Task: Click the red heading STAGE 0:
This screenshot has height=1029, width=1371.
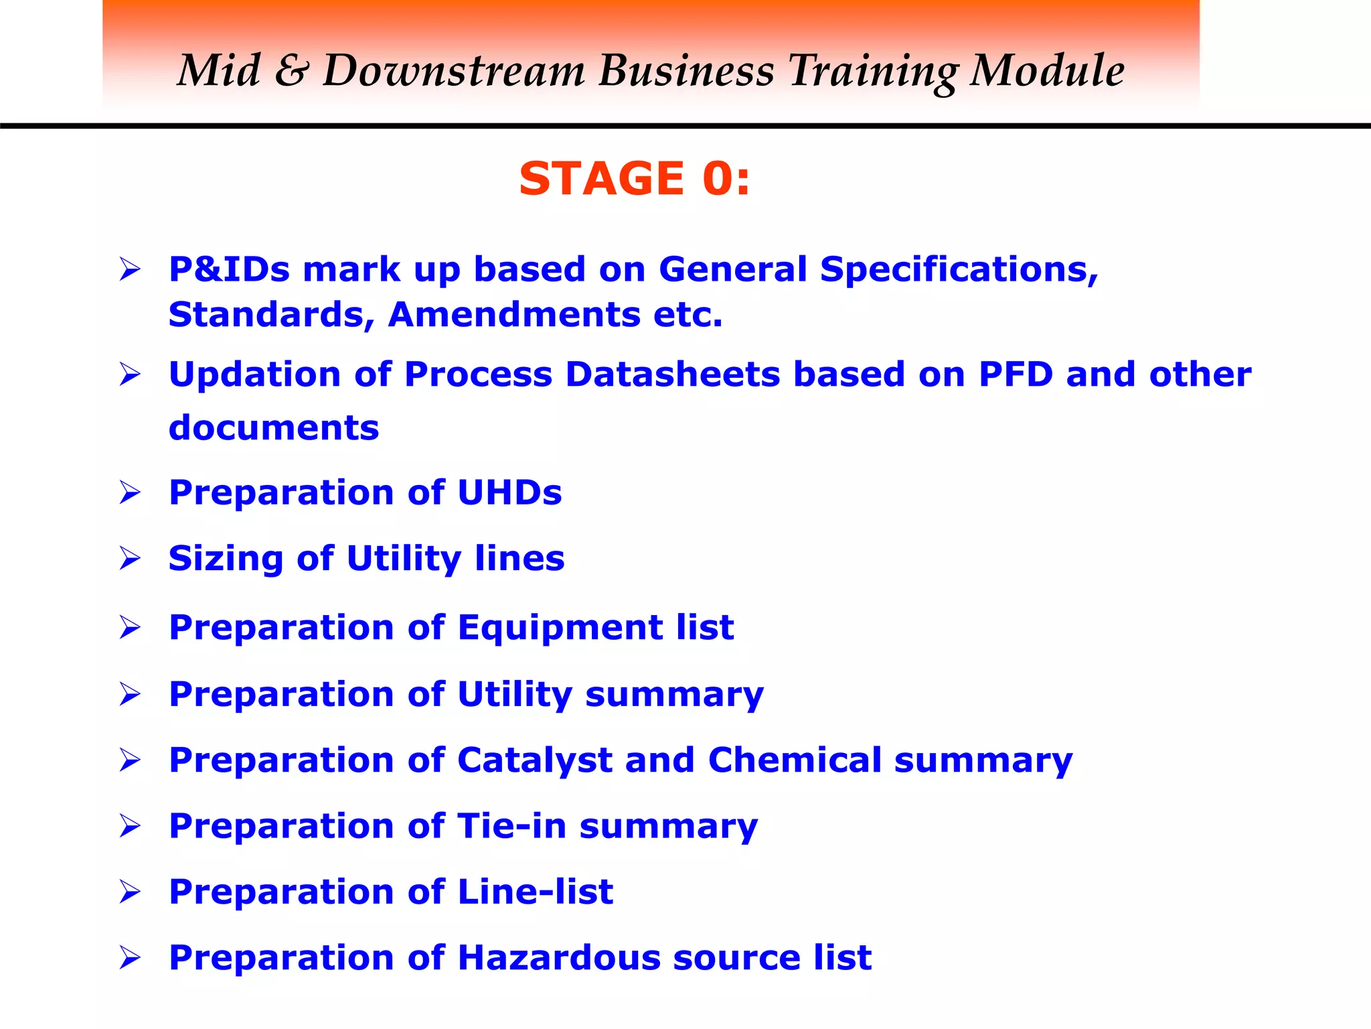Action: [x=635, y=179]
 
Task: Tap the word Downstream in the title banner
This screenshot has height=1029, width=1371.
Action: [x=454, y=70]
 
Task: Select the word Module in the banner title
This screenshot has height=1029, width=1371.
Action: [x=1047, y=70]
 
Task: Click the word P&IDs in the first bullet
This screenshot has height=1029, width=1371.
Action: [x=229, y=269]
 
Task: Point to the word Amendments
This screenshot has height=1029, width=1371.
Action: [x=513, y=315]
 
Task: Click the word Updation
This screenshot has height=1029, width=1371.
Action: [x=255, y=374]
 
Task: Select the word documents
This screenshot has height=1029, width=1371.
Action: [x=274, y=427]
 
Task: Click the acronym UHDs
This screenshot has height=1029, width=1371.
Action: [x=509, y=492]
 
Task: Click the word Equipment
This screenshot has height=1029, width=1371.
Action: [x=560, y=628]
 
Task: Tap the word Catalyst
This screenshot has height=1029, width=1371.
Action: [x=534, y=760]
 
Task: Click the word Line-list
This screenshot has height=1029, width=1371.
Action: [x=535, y=892]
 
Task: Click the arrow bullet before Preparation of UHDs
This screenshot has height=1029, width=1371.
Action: [x=130, y=492]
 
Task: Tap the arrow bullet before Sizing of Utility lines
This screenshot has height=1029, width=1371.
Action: [x=130, y=558]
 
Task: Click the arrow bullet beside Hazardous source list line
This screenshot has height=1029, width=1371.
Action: [x=130, y=958]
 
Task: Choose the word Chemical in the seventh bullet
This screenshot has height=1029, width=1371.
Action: [x=794, y=760]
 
